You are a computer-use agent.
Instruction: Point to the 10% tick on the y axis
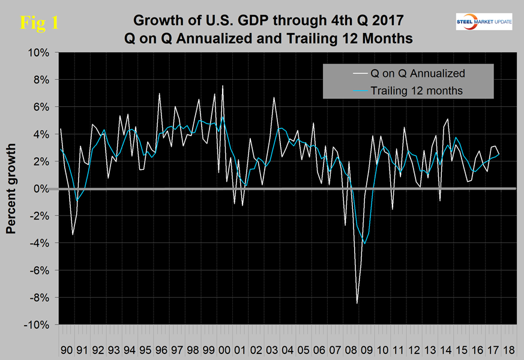click(38, 53)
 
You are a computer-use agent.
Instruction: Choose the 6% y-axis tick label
click(40, 107)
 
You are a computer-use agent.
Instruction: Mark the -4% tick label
click(38, 243)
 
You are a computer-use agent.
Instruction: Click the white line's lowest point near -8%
click(357, 303)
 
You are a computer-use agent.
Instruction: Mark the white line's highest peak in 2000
click(223, 86)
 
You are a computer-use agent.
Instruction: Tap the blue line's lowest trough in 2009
click(364, 244)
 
